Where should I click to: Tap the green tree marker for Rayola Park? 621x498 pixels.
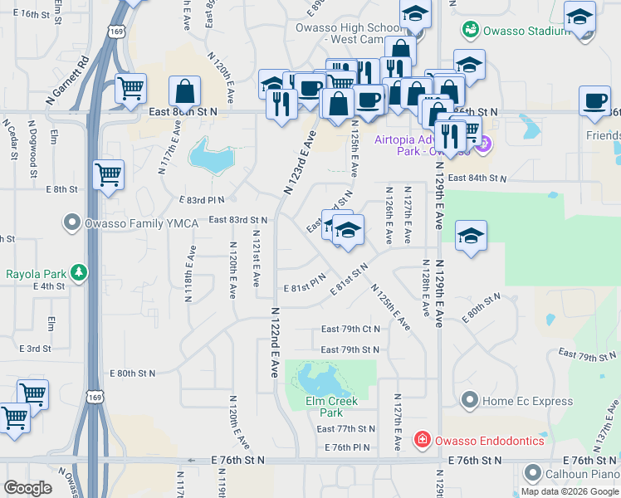(78, 272)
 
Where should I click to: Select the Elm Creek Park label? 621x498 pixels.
(330, 407)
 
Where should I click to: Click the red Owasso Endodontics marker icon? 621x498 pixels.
(422, 440)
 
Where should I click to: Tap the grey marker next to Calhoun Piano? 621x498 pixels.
(532, 475)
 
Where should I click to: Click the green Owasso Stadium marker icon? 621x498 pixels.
(471, 29)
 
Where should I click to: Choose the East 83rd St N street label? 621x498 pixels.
(237, 220)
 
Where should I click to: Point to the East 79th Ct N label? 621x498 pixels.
(350, 330)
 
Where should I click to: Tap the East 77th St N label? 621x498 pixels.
(346, 429)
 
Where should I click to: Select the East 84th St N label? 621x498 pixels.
(477, 178)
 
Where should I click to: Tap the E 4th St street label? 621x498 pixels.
(49, 286)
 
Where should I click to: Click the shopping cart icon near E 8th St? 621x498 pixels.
(109, 175)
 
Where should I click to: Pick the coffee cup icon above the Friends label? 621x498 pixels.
(594, 100)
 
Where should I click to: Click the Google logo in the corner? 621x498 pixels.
(27, 488)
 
